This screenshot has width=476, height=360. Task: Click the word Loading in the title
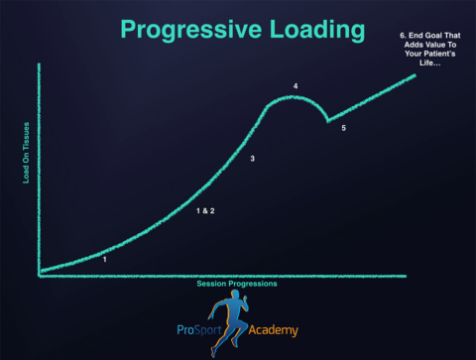[308, 31]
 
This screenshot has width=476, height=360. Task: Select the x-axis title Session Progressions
[236, 284]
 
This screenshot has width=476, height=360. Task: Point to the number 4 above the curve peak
[296, 86]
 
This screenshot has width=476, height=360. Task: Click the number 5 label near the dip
[343, 129]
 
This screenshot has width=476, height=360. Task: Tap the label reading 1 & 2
[205, 211]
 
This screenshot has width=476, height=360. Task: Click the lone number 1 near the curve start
[104, 259]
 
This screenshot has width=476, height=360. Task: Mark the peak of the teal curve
[295, 96]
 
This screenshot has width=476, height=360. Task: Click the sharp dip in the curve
[329, 122]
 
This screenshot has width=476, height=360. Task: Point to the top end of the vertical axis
[39, 64]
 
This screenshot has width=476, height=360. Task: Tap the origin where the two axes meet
[40, 275]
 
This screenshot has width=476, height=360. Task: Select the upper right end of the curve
[416, 75]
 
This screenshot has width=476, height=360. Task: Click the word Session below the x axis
[213, 284]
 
